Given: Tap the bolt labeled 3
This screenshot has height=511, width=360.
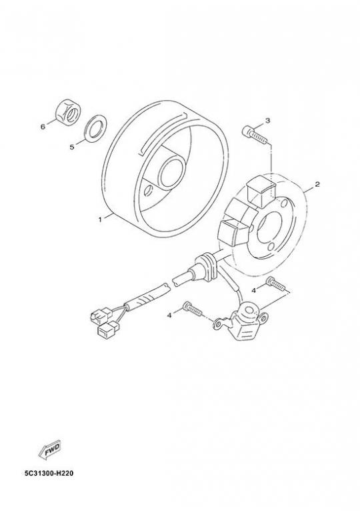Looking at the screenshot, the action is click(x=255, y=135).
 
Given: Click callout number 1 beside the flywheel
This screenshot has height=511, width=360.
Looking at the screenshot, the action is click(x=100, y=219).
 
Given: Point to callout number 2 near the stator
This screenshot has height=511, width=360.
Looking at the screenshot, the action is click(x=317, y=185).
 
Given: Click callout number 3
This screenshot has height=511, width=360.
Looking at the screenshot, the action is click(x=267, y=121).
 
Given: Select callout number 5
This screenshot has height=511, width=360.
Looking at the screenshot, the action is click(x=72, y=147).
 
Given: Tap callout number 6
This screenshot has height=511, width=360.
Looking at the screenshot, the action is click(x=43, y=127).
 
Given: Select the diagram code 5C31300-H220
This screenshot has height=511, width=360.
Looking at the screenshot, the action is click(x=49, y=473).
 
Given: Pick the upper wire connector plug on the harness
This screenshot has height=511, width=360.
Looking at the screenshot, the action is click(x=101, y=314).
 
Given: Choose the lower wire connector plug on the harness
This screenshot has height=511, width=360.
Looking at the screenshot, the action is click(x=108, y=329).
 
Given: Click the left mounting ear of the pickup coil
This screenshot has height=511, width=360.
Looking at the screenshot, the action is click(x=219, y=324).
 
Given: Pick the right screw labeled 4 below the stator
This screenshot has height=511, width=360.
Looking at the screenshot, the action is click(x=275, y=283).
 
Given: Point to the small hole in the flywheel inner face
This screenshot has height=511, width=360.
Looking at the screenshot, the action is click(x=149, y=191).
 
